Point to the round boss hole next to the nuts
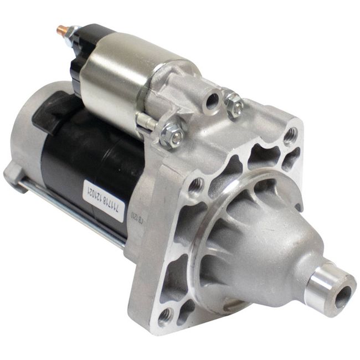pyautogui.click(x=212, y=100)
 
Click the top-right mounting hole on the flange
pyautogui.click(x=290, y=135)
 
